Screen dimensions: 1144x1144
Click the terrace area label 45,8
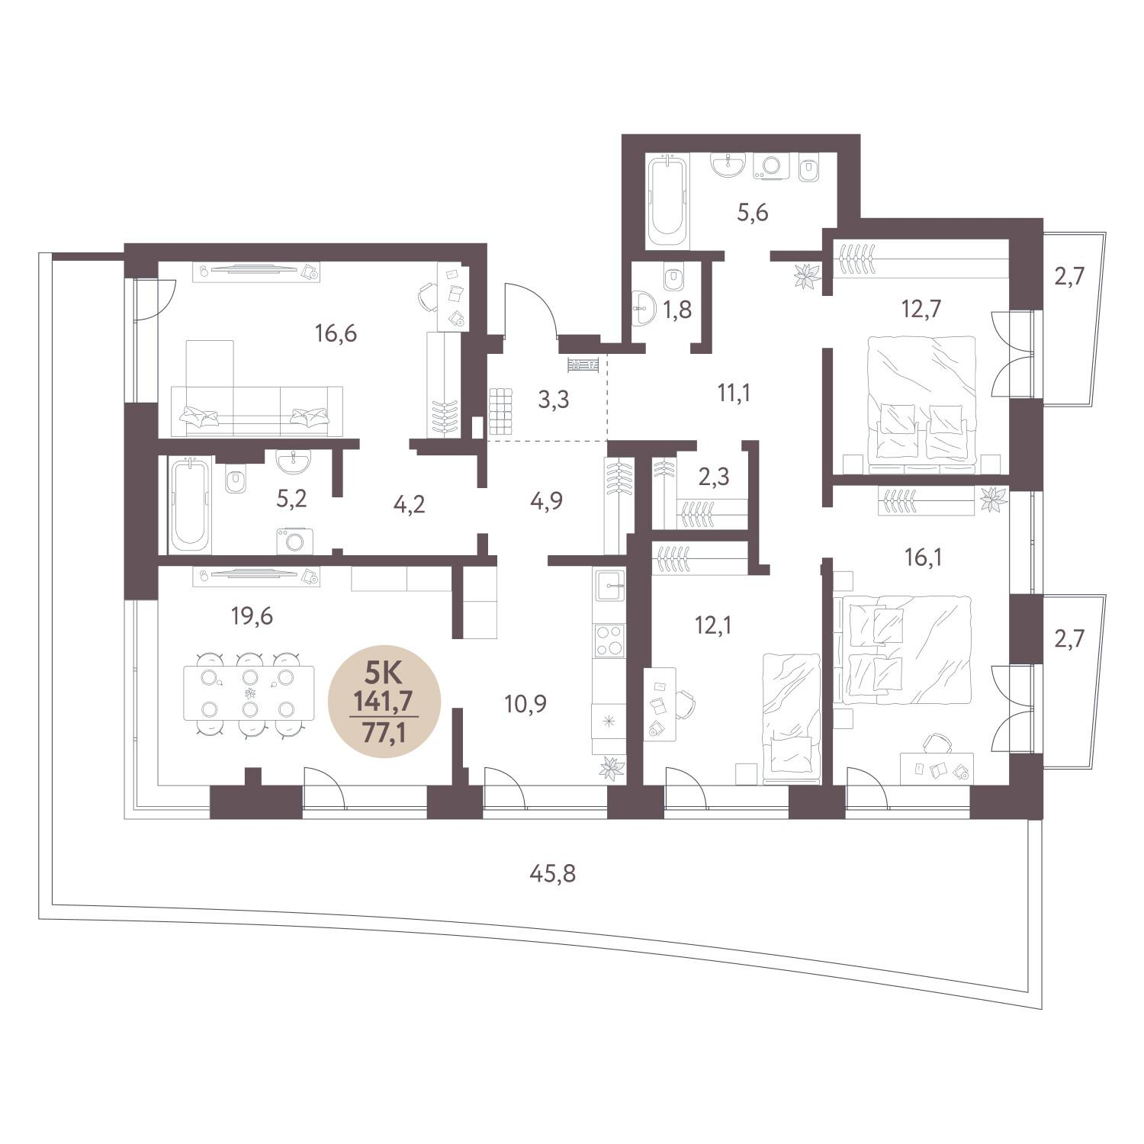pos(552,873)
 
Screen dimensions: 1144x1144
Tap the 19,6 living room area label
pos(252,615)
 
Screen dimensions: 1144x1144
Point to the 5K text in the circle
pos(384,672)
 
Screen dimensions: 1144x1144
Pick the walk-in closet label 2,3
pos(714,477)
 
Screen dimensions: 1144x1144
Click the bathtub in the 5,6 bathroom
pos(667,201)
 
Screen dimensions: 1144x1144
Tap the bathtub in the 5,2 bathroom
pos(190,504)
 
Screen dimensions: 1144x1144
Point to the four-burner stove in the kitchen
pos(609,640)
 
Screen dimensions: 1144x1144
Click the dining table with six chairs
pos(249,693)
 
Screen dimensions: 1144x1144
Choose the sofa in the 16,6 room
pos(256,389)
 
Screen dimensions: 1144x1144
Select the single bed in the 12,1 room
pos(791,718)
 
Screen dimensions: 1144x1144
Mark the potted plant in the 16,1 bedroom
pos(994,500)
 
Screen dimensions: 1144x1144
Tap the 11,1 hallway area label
pos(734,393)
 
